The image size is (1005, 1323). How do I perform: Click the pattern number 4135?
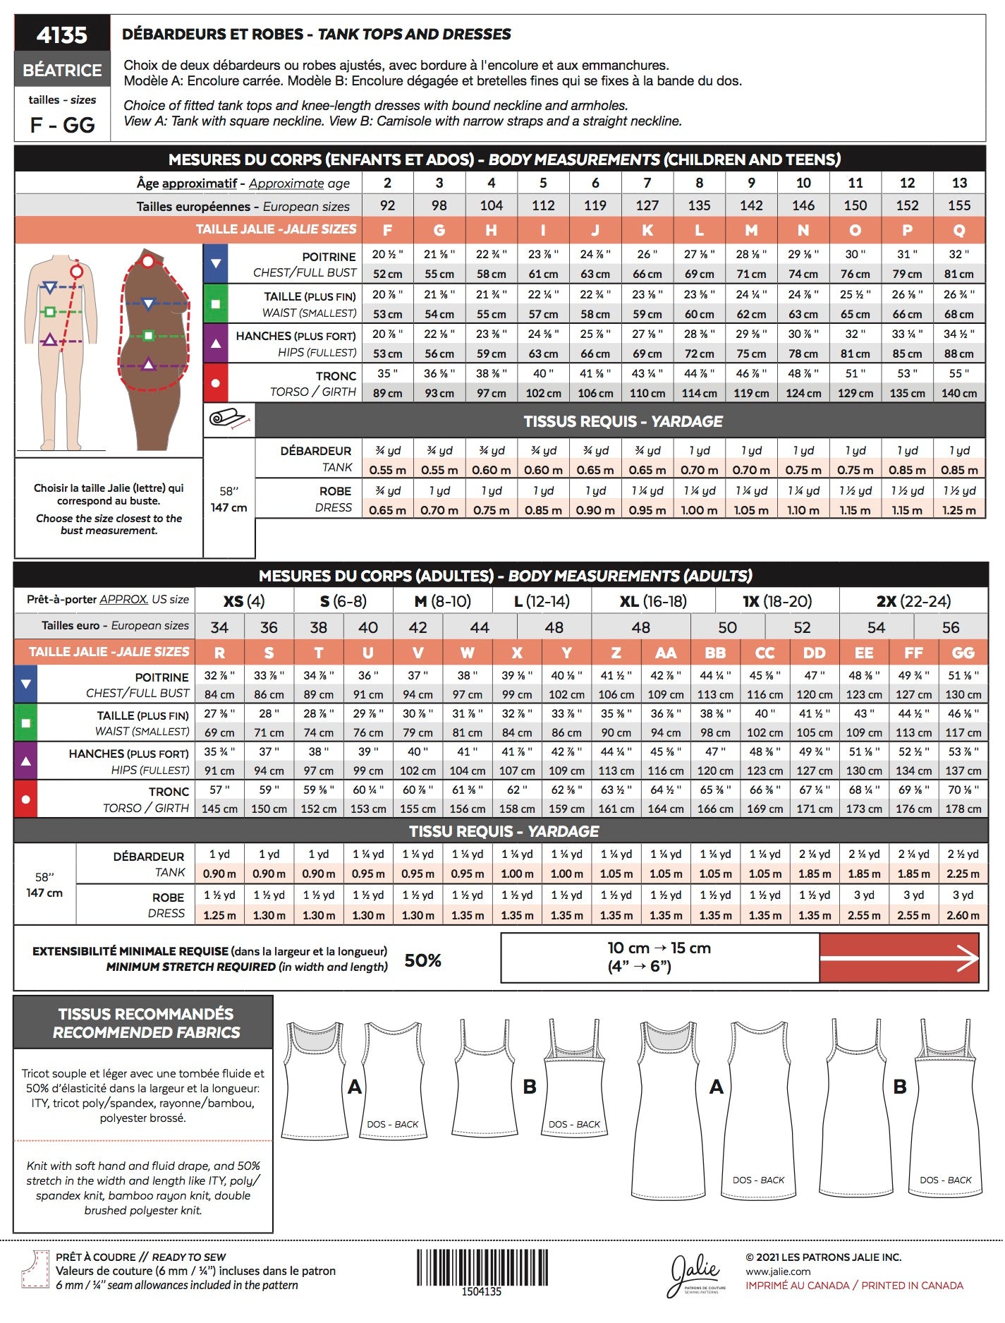click(62, 35)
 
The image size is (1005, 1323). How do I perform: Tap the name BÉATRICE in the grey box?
click(62, 70)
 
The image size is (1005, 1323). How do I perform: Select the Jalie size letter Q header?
click(959, 230)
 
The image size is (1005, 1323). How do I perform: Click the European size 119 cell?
click(595, 205)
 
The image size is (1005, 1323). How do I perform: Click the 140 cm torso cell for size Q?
click(959, 393)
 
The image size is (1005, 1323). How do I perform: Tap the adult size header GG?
click(963, 653)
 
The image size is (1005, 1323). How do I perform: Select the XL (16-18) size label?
click(653, 601)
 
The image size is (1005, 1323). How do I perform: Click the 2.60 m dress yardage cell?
click(963, 915)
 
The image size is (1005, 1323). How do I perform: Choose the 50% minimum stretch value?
click(422, 960)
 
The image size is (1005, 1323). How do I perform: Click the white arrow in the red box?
click(899, 957)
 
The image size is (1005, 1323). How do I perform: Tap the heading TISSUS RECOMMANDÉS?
click(145, 1014)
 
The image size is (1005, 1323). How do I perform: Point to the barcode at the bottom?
click(482, 1267)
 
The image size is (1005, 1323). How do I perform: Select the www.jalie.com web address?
click(778, 1271)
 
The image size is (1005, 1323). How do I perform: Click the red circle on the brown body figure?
click(147, 261)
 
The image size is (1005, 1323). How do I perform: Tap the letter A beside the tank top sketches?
click(355, 1087)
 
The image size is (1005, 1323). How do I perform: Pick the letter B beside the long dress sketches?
click(900, 1087)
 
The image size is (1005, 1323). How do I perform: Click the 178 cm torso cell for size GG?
click(963, 809)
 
